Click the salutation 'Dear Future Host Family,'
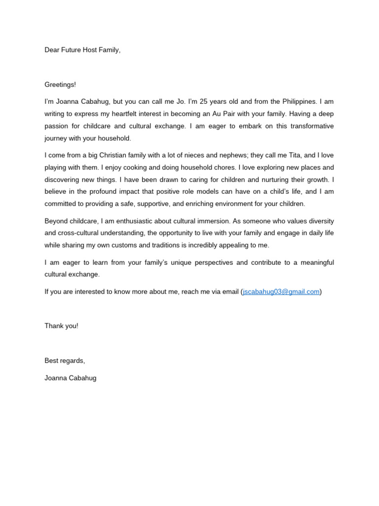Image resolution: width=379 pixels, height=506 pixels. point(82,50)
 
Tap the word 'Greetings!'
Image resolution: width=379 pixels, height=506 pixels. point(60,84)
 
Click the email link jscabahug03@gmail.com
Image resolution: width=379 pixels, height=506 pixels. point(281,292)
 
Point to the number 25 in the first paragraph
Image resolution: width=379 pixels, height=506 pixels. point(205,101)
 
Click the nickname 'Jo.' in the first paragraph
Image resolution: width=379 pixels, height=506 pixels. point(181,101)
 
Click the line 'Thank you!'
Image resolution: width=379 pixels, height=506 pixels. point(61,326)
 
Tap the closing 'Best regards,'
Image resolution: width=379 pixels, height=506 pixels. point(65,360)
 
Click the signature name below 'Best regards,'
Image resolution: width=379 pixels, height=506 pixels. point(71,378)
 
